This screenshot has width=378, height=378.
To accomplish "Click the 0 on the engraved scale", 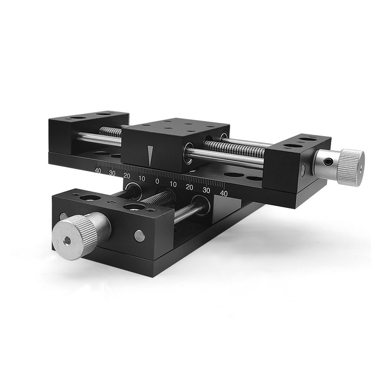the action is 157,181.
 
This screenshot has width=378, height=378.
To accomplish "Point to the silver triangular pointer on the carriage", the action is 150,156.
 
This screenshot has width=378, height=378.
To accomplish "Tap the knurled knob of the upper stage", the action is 351,168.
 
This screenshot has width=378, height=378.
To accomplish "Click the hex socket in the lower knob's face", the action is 67,241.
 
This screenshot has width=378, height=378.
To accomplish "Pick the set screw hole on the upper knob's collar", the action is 327,162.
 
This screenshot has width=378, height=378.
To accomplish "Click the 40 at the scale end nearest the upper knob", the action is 223,193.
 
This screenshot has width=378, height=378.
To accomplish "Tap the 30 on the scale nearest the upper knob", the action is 206,190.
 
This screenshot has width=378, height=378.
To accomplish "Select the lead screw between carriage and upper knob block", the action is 234,148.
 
